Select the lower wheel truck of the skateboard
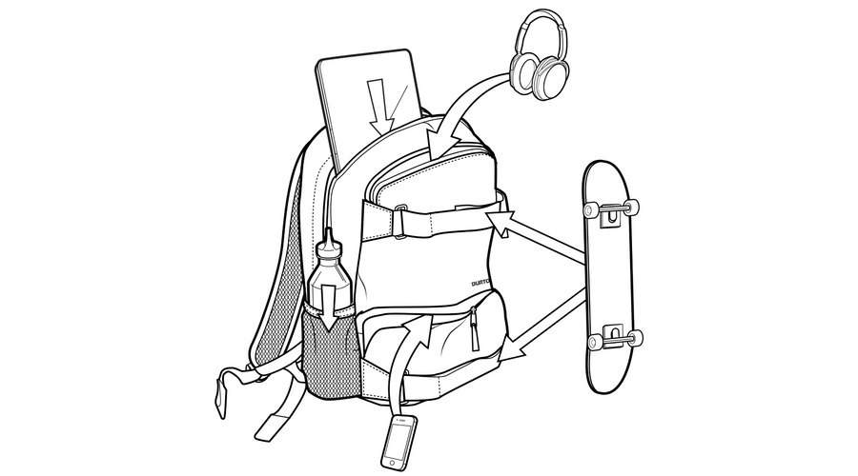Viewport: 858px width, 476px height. click(614, 336)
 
